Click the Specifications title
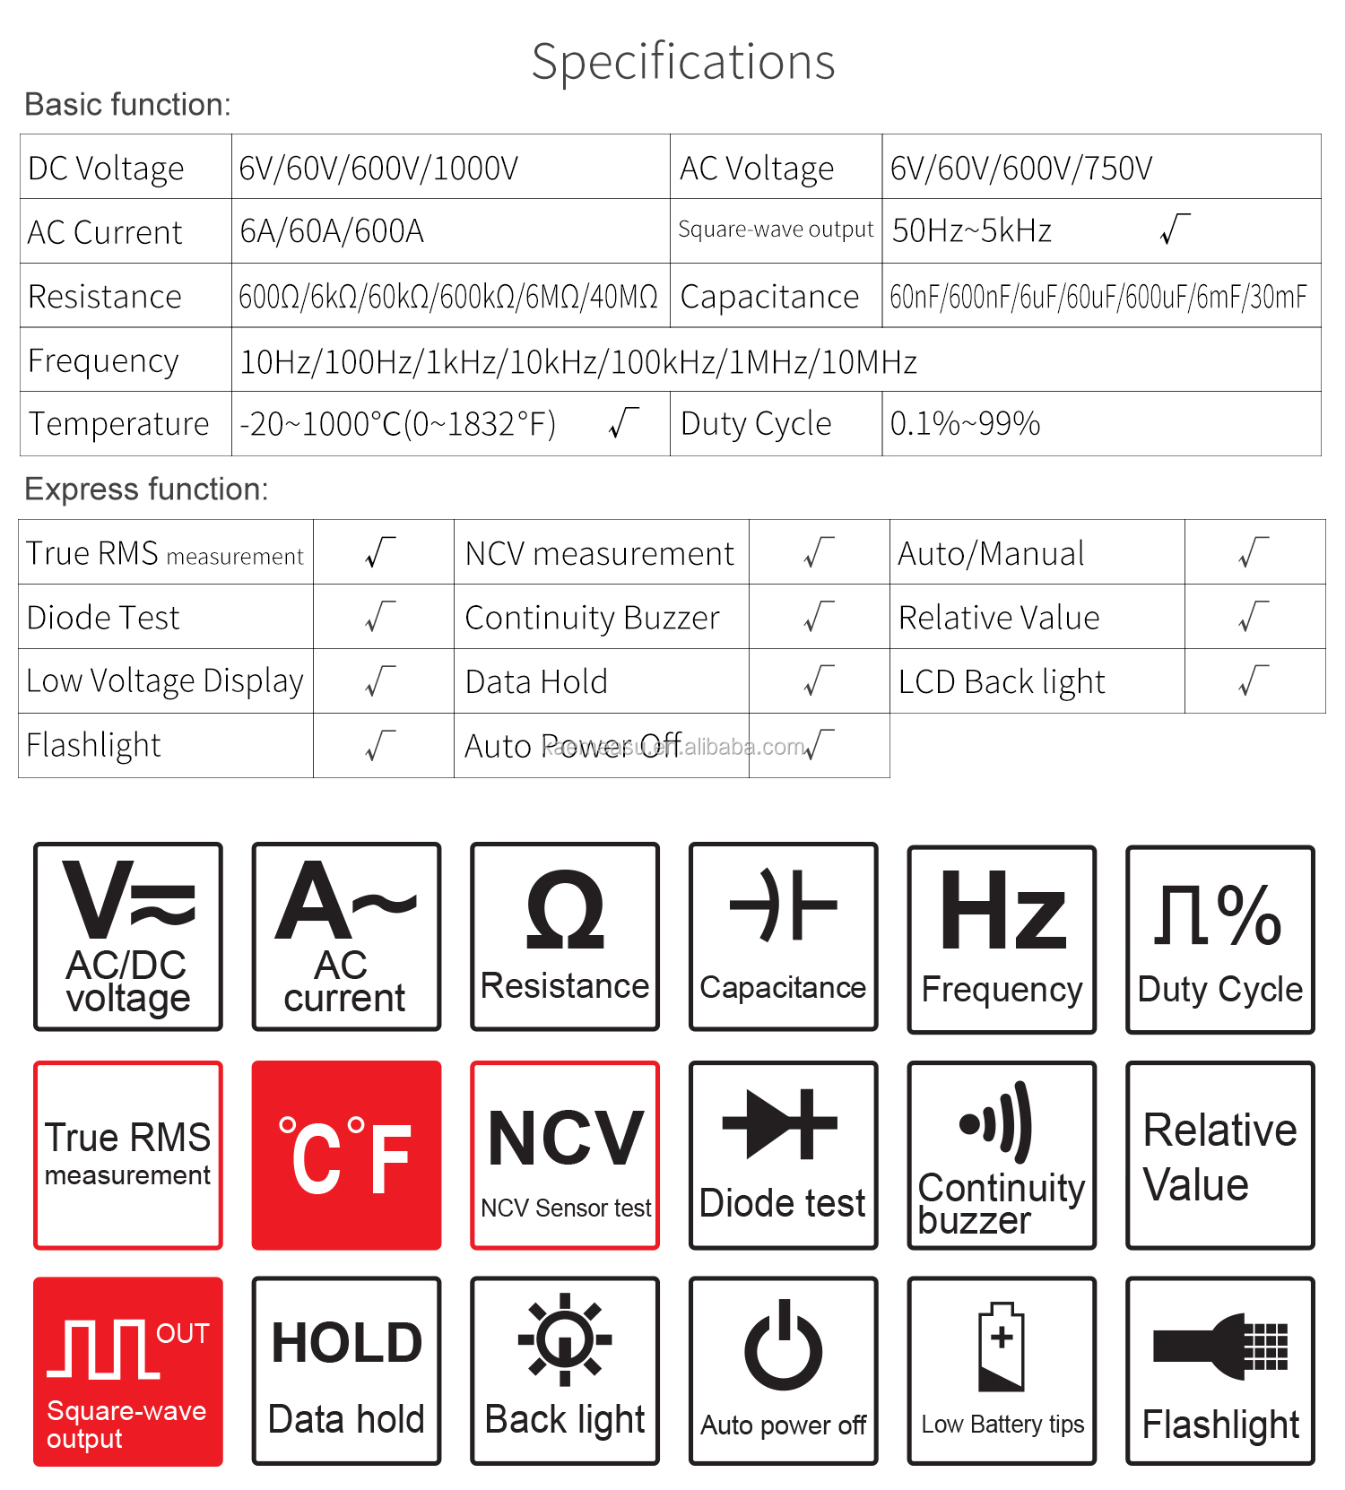(683, 63)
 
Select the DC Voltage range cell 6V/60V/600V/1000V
(378, 169)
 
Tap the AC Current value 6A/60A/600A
(332, 232)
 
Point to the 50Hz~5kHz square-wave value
(971, 231)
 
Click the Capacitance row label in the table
(769, 297)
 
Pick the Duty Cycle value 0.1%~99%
(965, 424)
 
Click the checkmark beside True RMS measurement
(381, 553)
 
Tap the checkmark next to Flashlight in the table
(381, 746)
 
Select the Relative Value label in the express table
(999, 618)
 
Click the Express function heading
(146, 489)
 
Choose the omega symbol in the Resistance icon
(565, 911)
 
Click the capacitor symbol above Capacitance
(783, 905)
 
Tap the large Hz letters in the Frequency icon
(1002, 912)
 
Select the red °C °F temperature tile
(346, 1156)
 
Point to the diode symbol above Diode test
(780, 1124)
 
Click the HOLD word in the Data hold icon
(346, 1343)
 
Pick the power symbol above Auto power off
(783, 1346)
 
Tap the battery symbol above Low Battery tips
(1002, 1347)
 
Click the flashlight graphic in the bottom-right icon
(1220, 1346)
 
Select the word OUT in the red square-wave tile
(182, 1334)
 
